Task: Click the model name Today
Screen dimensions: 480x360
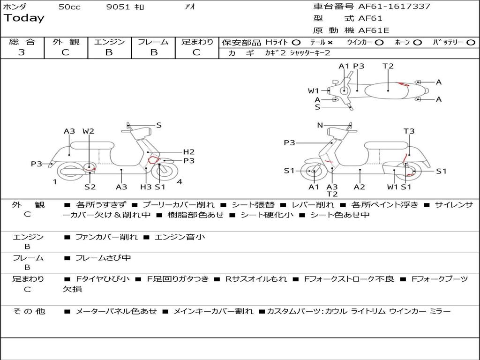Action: pos(24,18)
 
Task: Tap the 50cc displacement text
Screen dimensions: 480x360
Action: pos(69,7)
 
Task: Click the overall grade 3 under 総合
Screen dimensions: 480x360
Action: pos(22,52)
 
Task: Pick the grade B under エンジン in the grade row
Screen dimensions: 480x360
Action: pos(109,52)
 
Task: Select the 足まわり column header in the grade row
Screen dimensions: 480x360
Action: pos(197,42)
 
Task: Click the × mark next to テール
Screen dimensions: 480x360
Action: pos(330,43)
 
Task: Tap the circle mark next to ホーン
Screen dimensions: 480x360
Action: pos(418,43)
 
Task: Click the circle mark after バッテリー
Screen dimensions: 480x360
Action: pos(471,43)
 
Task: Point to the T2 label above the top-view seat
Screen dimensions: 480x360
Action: pos(388,66)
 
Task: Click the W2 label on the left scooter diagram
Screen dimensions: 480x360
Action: pos(88,131)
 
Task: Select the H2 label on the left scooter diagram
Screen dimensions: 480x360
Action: pos(188,151)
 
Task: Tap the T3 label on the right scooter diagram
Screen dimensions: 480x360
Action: pos(409,131)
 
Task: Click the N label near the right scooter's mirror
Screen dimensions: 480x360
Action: pos(320,125)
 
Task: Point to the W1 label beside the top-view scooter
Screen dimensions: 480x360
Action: pos(313,90)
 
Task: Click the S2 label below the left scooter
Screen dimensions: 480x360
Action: pos(90,187)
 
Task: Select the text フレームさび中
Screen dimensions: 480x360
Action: pos(103,258)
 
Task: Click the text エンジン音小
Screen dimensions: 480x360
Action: pos(180,237)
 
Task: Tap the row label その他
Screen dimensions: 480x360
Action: pos(29,311)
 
